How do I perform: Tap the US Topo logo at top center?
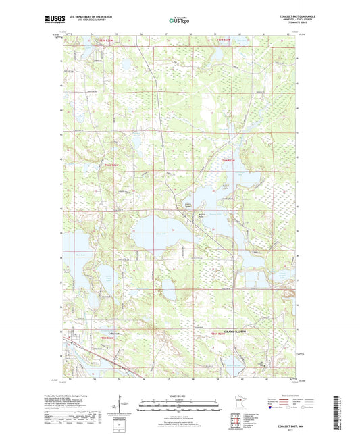click(x=179, y=21)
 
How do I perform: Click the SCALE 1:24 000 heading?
click(x=180, y=396)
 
